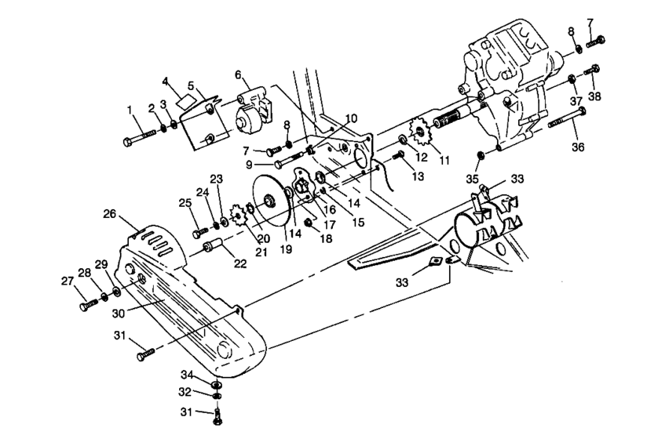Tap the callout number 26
[x=108, y=212]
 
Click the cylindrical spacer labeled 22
[x=213, y=249]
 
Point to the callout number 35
[x=471, y=180]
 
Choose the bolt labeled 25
[x=199, y=233]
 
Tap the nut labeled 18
[x=309, y=224]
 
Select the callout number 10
[x=350, y=118]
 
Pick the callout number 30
[x=120, y=311]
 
